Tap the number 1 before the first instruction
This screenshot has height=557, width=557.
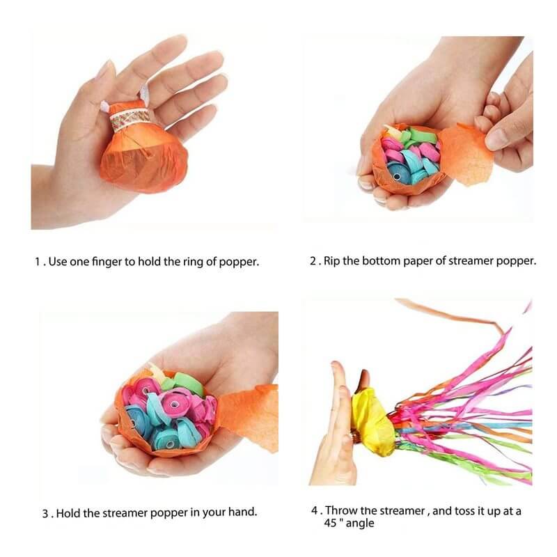38,262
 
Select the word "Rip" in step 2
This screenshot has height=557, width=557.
331,262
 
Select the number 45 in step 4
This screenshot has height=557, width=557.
330,524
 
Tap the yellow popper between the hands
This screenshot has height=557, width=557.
373,421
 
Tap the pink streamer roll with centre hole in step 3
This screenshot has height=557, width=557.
174,403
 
